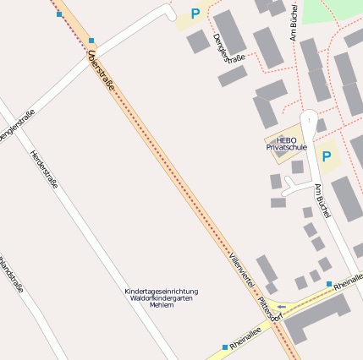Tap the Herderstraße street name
(x=43, y=169)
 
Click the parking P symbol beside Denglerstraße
(x=195, y=14)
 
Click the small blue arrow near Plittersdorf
(x=283, y=306)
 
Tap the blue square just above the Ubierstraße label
(x=91, y=40)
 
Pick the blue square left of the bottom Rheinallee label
(x=224, y=346)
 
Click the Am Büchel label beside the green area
(x=294, y=20)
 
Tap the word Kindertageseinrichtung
(x=161, y=292)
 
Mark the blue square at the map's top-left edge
(x=59, y=14)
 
